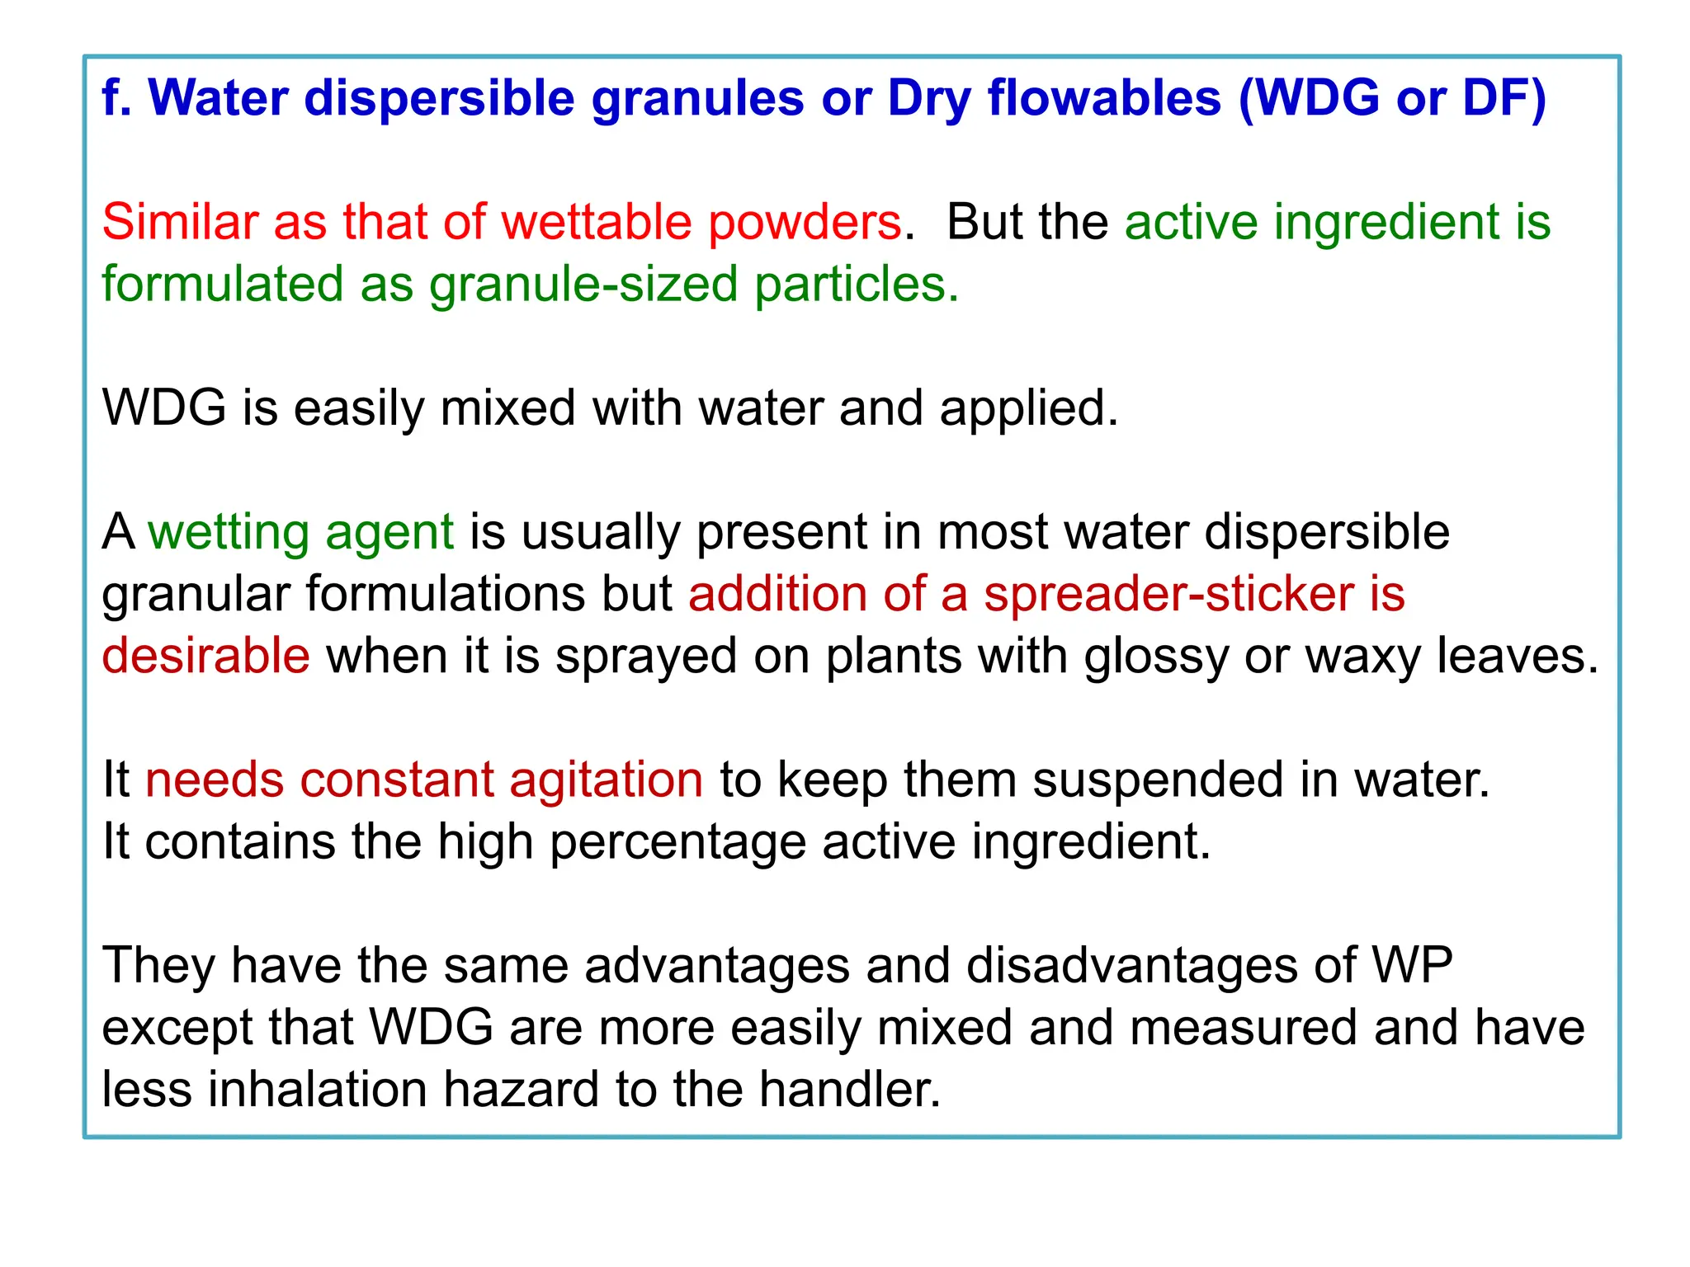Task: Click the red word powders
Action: coord(805,224)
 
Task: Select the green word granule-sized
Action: coord(583,285)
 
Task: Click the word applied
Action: coord(1028,409)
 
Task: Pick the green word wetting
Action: coord(228,533)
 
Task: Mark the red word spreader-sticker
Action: coord(1168,594)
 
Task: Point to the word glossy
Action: coord(1156,657)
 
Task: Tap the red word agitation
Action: coord(606,780)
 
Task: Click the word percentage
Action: coord(677,843)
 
